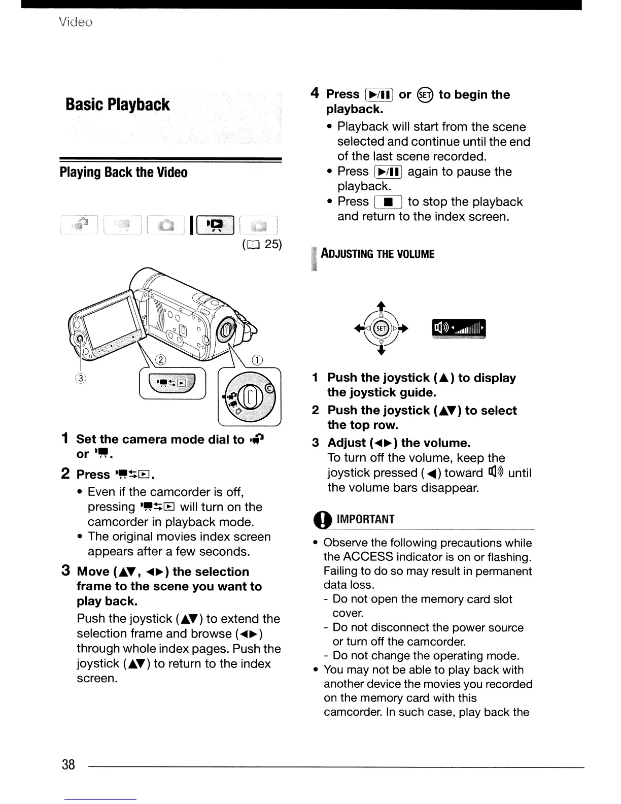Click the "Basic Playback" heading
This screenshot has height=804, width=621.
118,105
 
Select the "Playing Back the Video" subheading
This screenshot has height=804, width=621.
123,173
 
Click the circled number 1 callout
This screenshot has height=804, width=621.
258,360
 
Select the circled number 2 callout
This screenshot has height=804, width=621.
161,360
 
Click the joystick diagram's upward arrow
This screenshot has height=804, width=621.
381,306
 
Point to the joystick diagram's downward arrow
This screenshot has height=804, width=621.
381,352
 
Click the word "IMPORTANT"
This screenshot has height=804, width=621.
365,519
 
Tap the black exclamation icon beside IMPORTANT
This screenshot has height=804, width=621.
325,520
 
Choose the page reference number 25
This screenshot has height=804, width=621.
272,244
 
